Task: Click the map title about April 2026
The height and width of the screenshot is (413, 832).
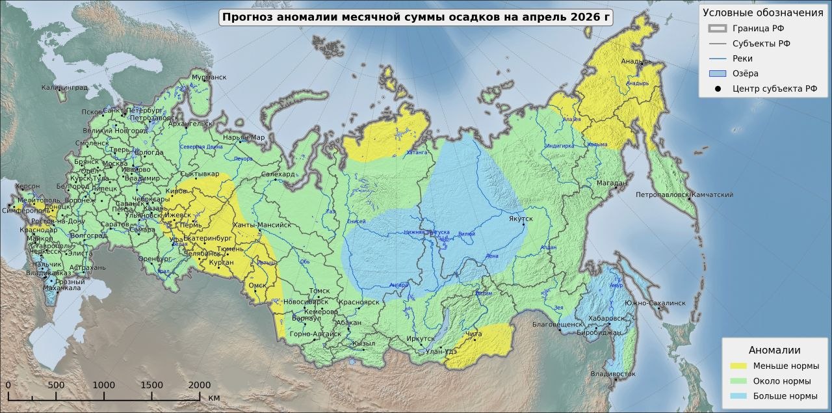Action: pyautogui.click(x=416, y=18)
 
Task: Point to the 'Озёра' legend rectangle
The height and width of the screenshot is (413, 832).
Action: pyautogui.click(x=717, y=73)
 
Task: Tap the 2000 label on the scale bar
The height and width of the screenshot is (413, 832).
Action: pyautogui.click(x=199, y=384)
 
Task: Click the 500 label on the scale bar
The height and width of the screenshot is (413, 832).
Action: pyautogui.click(x=56, y=384)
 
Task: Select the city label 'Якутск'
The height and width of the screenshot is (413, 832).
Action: pyautogui.click(x=521, y=219)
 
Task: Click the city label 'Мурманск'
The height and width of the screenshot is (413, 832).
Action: pyautogui.click(x=209, y=77)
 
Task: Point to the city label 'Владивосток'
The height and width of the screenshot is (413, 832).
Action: pyautogui.click(x=613, y=374)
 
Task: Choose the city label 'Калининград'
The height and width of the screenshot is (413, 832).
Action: pyautogui.click(x=64, y=87)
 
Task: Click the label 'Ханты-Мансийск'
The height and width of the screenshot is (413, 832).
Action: pyautogui.click(x=261, y=225)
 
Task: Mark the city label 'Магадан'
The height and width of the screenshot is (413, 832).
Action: pyautogui.click(x=612, y=183)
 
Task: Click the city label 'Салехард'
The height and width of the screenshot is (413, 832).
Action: pyautogui.click(x=279, y=174)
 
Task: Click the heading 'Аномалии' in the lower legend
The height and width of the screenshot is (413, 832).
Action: pyautogui.click(x=774, y=350)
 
